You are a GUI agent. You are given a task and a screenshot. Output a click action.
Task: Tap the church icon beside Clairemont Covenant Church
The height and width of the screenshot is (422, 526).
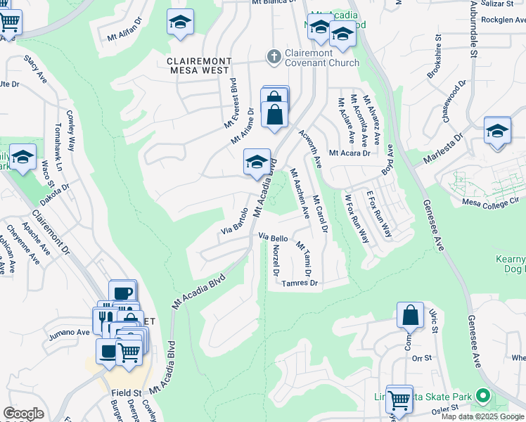pyautogui.click(x=273, y=55)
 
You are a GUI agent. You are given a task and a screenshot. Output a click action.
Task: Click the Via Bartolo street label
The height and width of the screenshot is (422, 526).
pyautogui.click(x=235, y=220)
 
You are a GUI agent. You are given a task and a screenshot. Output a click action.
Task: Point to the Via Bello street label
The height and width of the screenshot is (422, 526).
pyautogui.click(x=274, y=238)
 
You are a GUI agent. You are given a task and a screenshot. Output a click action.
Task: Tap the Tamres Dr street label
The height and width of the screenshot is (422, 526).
pyautogui.click(x=300, y=284)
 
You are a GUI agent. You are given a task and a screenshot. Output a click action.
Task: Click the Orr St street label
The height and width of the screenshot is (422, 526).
pyautogui.click(x=421, y=357)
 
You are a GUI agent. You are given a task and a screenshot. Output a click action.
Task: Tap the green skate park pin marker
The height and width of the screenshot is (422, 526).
pyautogui.click(x=482, y=397)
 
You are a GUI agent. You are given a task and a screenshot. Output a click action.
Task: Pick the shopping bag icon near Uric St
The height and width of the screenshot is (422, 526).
pyautogui.click(x=410, y=315)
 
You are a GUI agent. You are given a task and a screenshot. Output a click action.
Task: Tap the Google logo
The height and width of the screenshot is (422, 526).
pyautogui.click(x=23, y=414)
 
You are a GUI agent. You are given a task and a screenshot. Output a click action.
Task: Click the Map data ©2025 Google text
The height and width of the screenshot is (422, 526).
pyautogui.click(x=482, y=416)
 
